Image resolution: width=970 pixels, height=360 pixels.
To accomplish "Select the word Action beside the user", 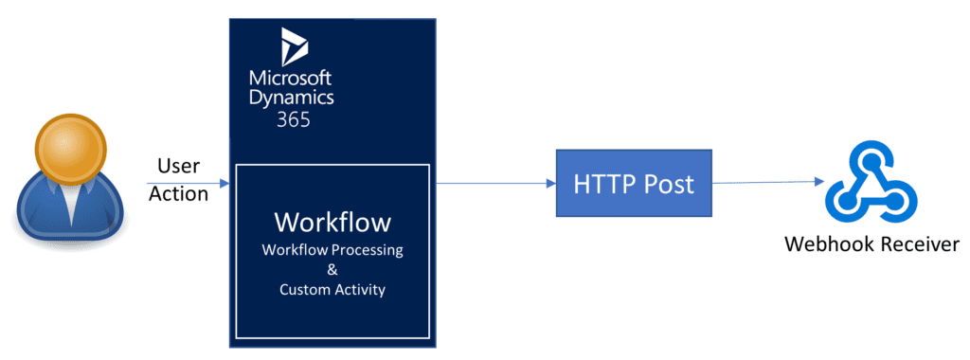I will click(x=178, y=193).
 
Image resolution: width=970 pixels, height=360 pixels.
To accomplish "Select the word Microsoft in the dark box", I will click(x=291, y=76).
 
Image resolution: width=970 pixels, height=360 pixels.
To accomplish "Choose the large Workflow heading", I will click(x=332, y=223).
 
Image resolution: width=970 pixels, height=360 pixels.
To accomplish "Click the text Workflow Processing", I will click(x=332, y=250).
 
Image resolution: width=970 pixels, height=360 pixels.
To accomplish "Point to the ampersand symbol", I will click(x=332, y=270).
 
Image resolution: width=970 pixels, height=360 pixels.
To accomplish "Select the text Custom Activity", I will click(x=332, y=290).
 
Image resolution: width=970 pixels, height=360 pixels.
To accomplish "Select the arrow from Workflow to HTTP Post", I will click(x=493, y=183).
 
